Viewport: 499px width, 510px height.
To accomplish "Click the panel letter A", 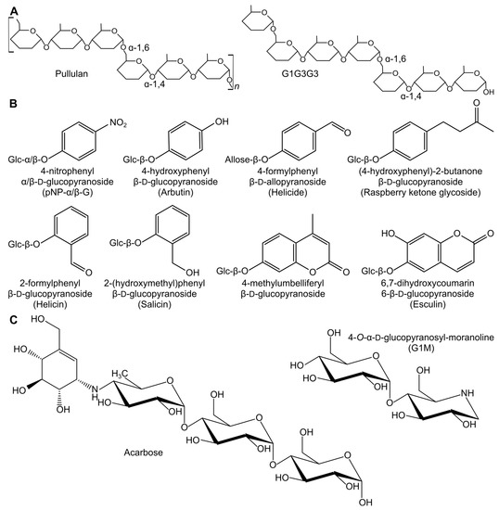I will click(7, 8).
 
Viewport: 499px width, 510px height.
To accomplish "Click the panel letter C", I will click(7, 321).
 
